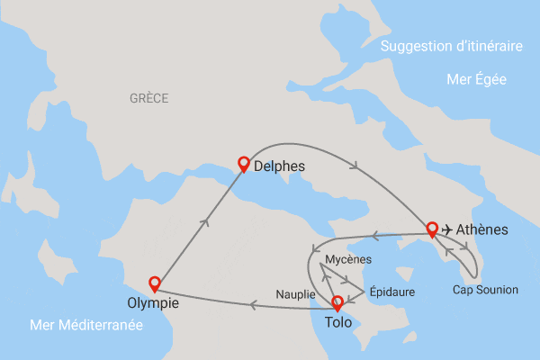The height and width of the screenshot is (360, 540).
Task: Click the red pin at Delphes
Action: coord(242,164)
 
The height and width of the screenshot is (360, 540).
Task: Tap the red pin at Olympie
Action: coord(154,283)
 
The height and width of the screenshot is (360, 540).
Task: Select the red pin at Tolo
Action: coord(337,302)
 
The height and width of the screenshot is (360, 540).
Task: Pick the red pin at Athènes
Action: coord(432,228)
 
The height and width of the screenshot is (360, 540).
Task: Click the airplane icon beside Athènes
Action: coord(447,229)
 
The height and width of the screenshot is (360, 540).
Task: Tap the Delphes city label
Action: coord(280,166)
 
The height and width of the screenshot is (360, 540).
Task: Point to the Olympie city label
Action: coord(154,304)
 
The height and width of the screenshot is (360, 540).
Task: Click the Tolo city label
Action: coord(337,321)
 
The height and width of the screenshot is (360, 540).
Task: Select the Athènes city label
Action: coord(483,229)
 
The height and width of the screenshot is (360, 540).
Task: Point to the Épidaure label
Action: coord(392,292)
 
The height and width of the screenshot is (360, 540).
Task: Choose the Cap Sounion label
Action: coord(485,290)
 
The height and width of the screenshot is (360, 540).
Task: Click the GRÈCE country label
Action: coord(148,98)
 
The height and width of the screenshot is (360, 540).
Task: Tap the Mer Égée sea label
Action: coord(476,80)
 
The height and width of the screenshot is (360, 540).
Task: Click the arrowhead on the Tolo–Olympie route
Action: coord(254,306)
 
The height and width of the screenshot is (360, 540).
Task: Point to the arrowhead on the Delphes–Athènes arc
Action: coord(359,166)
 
